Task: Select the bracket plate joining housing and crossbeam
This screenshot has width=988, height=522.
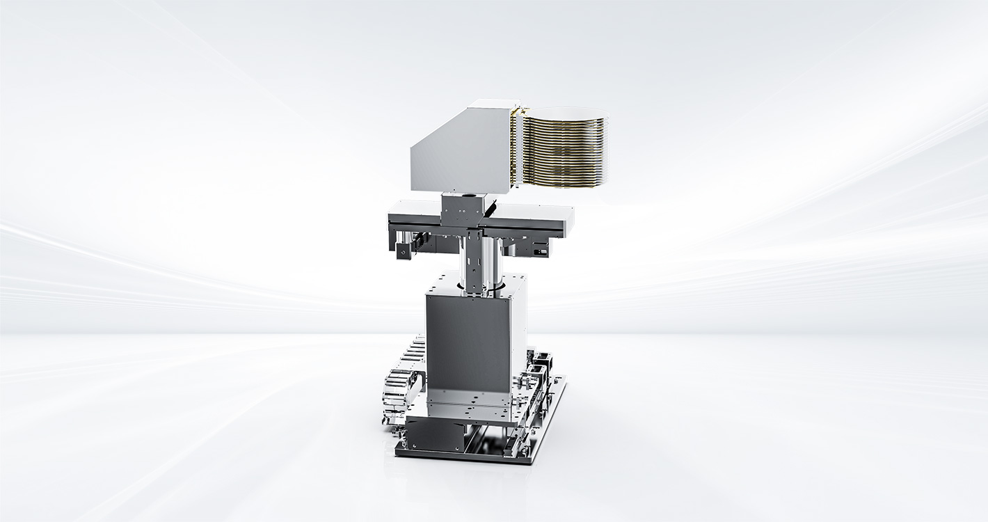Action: [460, 209]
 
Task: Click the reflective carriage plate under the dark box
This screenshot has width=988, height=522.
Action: [473, 411]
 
